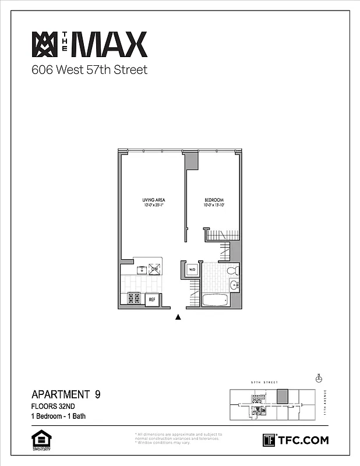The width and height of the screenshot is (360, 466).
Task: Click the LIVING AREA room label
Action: click(x=154, y=200)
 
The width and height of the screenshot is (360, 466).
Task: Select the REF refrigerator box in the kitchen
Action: click(x=151, y=299)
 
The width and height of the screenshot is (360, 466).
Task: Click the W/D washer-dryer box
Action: click(x=192, y=270)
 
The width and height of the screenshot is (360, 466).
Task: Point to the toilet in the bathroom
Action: click(x=232, y=270)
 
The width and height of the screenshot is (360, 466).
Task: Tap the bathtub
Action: click(x=216, y=301)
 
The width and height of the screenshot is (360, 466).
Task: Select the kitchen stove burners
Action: click(x=133, y=298)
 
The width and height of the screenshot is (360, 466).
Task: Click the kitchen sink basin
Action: click(x=142, y=269)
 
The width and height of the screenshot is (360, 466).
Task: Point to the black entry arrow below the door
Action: click(x=179, y=317)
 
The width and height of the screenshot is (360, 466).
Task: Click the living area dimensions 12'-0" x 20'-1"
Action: click(x=154, y=205)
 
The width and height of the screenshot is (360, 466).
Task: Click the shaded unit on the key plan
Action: click(x=283, y=396)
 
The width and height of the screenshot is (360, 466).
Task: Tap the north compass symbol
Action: click(x=319, y=379)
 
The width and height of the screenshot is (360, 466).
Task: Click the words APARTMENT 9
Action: click(x=66, y=394)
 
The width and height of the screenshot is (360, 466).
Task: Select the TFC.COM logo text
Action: click(x=302, y=440)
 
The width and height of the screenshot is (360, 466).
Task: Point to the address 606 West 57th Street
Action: click(x=89, y=70)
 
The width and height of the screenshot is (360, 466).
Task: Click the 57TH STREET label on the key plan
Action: click(x=262, y=382)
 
